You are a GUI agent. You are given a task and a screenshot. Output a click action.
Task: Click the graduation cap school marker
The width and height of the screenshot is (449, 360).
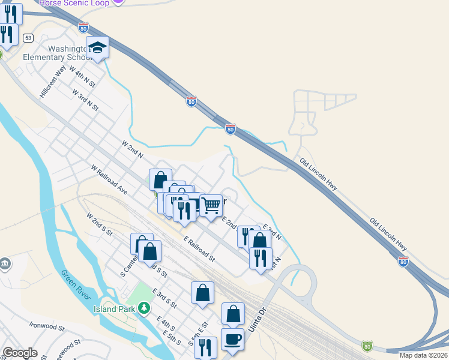pos(97,47)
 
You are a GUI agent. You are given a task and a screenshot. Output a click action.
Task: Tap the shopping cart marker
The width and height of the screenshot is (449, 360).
pos(211,205)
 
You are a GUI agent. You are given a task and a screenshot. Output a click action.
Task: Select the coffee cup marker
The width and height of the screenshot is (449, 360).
pos(233,339)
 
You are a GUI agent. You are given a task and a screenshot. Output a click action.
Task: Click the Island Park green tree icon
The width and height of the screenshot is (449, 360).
pos(143,308)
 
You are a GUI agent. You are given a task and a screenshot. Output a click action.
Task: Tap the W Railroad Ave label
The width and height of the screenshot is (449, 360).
pos(109,180)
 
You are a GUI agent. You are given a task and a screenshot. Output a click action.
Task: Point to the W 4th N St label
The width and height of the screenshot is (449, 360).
pos(82,76)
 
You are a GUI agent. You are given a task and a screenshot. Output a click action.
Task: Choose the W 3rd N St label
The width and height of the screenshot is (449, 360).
pos(85,100)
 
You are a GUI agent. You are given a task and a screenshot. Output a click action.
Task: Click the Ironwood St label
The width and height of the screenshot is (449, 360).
pos(47,326)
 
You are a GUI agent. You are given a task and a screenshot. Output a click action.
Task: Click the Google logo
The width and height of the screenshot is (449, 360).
pos(20,353)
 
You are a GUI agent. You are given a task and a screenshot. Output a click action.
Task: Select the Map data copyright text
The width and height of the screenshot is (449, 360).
pos(423,355)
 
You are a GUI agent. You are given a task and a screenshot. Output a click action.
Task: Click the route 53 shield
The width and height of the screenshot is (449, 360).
pos(28,37)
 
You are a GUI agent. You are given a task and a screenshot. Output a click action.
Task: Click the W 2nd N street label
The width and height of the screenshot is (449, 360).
pos(133,149)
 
